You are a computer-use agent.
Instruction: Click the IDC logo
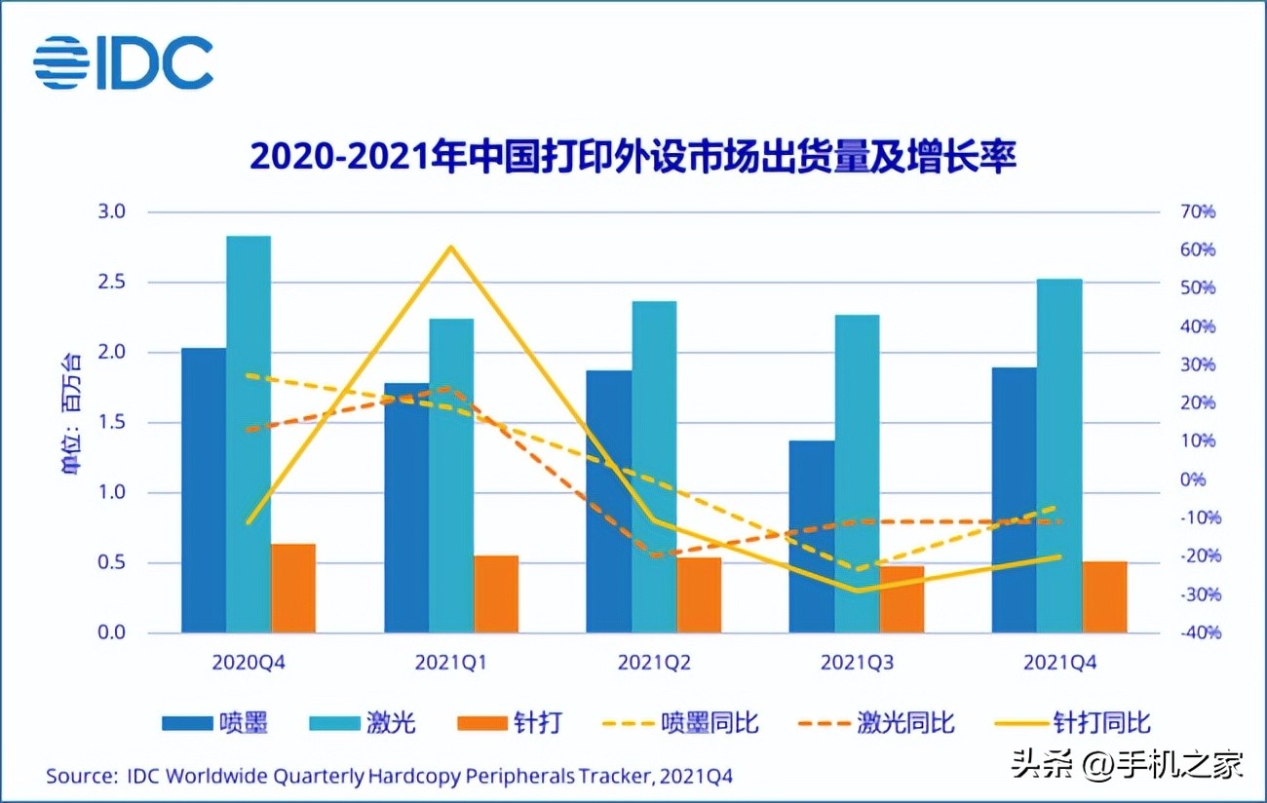[x=123, y=62]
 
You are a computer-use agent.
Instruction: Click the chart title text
[x=633, y=156]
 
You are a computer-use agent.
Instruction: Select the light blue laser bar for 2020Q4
[x=249, y=434]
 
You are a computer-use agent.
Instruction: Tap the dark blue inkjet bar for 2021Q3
[x=811, y=536]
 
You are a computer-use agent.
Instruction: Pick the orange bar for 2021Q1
[x=496, y=594]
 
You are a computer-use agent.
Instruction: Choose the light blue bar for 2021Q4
[x=1059, y=455]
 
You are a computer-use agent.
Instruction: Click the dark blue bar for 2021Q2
[x=608, y=501]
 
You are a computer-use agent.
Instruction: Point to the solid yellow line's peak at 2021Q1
[x=450, y=248]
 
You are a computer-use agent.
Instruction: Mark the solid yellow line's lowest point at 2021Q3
[x=856, y=590]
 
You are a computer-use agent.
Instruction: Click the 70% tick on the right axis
[x=1195, y=211]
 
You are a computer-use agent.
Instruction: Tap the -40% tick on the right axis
[x=1195, y=632]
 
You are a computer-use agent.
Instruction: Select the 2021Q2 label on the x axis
[x=654, y=663]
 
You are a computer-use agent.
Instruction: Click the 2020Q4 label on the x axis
[x=249, y=663]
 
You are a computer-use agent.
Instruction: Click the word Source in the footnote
[x=79, y=776]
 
